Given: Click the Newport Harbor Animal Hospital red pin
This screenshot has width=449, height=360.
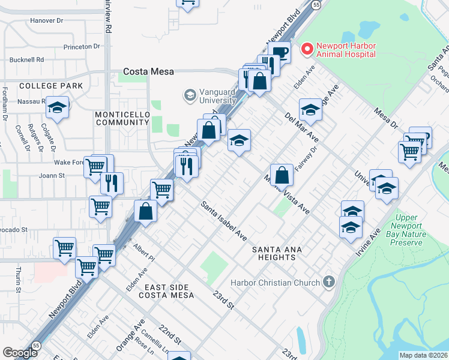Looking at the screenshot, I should [x=307, y=49].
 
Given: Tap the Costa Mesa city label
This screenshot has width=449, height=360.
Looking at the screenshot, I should [x=148, y=71].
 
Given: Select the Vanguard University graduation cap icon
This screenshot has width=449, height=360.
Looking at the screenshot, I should [x=190, y=95].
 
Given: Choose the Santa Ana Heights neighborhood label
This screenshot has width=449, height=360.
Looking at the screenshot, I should [x=274, y=253].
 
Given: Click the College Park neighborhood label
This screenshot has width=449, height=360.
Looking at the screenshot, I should [x=51, y=86].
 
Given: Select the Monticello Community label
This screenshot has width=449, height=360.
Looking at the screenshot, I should [x=122, y=118].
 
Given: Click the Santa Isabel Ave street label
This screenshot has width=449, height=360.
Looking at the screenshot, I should [x=224, y=221].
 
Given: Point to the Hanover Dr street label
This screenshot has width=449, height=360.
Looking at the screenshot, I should [x=46, y=20].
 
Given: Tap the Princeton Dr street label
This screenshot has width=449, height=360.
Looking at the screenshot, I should [x=81, y=46].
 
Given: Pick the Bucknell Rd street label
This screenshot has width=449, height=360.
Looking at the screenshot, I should [x=27, y=60].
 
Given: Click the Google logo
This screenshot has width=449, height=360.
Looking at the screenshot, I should [x=20, y=353].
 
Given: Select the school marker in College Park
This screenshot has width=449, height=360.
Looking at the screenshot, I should [x=57, y=107].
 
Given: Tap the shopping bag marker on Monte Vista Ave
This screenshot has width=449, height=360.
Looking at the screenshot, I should [x=282, y=176].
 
